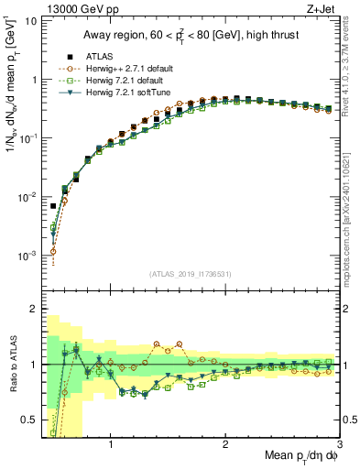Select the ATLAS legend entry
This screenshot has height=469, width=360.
pos(101,54)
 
